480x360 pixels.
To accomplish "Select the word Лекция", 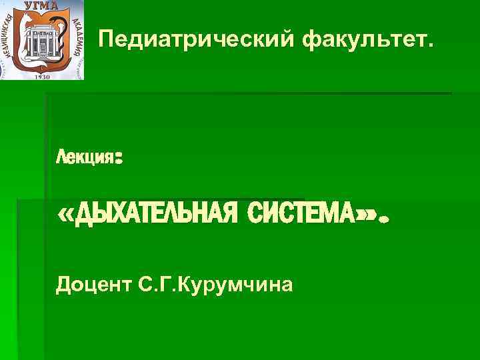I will (x=85, y=159).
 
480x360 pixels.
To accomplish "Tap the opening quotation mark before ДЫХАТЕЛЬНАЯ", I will (x=67, y=215).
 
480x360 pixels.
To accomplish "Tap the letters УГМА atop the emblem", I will (x=41, y=5).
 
